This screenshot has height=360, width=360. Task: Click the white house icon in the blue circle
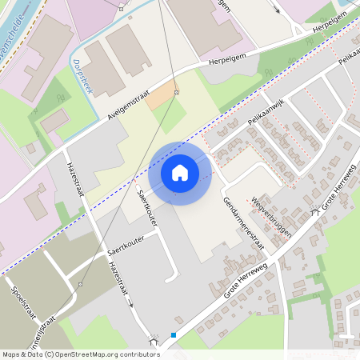coord(180,172)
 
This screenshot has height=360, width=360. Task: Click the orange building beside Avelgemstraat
coord(163,94)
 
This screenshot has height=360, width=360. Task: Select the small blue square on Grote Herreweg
coord(174,334)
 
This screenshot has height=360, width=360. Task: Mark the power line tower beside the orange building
coord(177,93)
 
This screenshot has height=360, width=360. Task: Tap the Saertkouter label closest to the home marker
coord(147,206)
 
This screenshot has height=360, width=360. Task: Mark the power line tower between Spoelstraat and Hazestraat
coord(81,284)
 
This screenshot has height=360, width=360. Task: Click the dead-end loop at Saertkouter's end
coord(172,278)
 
